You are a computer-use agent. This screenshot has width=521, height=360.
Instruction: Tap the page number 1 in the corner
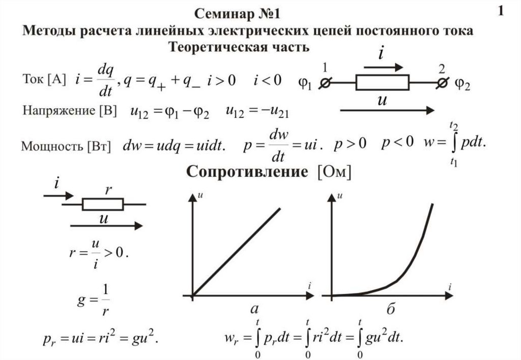pyautogui.click(x=501, y=11)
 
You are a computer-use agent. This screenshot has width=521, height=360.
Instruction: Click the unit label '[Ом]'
pyautogui.click(x=334, y=172)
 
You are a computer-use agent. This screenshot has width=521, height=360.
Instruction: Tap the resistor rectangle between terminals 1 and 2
pyautogui.click(x=382, y=82)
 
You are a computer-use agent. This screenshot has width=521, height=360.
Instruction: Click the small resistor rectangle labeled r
pyautogui.click(x=102, y=204)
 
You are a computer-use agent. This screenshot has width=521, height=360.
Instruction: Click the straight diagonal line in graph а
pyautogui.click(x=237, y=251)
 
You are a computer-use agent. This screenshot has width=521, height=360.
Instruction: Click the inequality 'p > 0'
pyautogui.click(x=350, y=144)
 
